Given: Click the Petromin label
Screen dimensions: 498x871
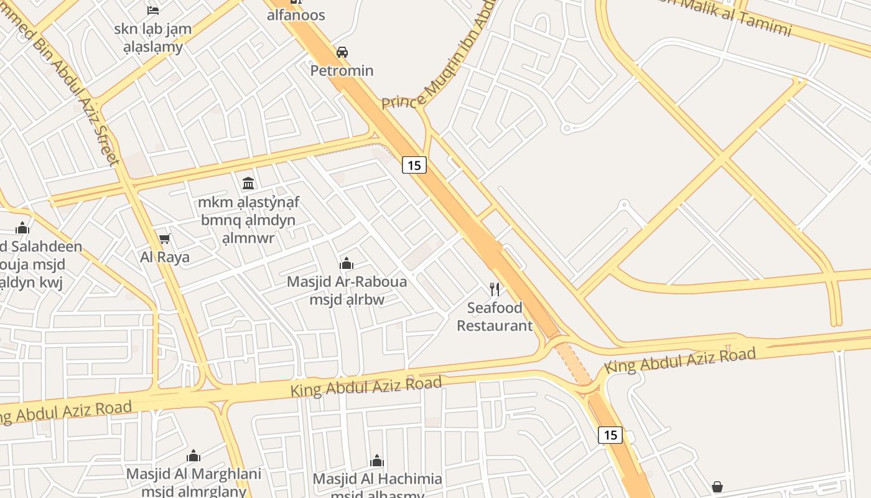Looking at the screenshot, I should click(x=342, y=70).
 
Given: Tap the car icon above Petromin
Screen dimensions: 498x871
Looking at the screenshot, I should click(x=342, y=52).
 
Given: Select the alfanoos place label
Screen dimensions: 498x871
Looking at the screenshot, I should click(x=296, y=15).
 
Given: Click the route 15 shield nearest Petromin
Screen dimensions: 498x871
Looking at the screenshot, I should click(x=414, y=165).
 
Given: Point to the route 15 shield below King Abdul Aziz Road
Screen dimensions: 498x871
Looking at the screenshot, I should click(x=610, y=435).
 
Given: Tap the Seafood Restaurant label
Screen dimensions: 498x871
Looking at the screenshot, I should click(x=495, y=316).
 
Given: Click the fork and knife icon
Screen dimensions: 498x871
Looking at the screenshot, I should click(x=495, y=289).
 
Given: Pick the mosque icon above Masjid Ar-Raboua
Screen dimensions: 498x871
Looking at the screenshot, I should click(x=347, y=263).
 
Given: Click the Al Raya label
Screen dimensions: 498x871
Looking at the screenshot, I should click(x=164, y=257).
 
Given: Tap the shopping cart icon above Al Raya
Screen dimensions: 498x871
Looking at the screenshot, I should click(x=165, y=238).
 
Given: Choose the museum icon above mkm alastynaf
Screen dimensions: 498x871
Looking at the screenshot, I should click(x=248, y=183).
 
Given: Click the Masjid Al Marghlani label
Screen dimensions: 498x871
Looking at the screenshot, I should click(x=193, y=474).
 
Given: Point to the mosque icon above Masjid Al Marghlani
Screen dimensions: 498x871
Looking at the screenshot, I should click(x=193, y=456).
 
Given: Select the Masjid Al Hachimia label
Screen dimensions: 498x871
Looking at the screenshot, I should click(x=377, y=479).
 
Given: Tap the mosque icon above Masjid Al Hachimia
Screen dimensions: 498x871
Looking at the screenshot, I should click(x=377, y=461).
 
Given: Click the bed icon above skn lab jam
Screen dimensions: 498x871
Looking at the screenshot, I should click(x=153, y=10).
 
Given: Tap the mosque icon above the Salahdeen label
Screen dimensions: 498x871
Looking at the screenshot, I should click(x=23, y=228).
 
